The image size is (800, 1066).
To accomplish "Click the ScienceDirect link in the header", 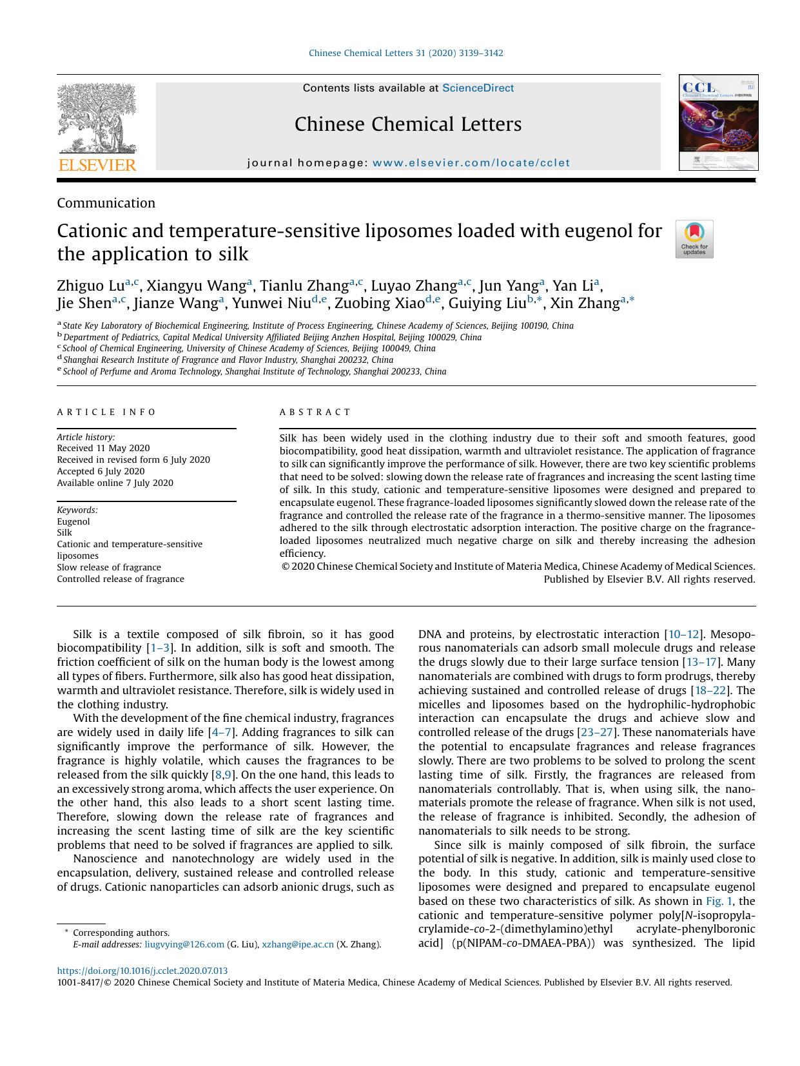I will click(478, 88).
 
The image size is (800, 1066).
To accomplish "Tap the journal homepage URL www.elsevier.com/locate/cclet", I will click(471, 163).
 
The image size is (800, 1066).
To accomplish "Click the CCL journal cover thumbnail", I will click(718, 122).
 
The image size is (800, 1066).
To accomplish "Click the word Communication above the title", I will click(106, 203).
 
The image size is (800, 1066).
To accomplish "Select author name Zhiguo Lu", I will click(90, 286).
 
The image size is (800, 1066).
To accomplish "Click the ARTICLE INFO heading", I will click(106, 412).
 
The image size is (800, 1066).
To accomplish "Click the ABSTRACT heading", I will click(315, 412).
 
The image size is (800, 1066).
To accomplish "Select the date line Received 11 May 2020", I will click(103, 448).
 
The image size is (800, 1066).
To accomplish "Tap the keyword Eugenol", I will click(73, 521).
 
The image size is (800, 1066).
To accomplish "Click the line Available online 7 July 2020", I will click(115, 483).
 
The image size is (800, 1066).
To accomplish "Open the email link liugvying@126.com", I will click(184, 944).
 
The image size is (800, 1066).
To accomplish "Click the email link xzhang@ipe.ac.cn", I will click(298, 944).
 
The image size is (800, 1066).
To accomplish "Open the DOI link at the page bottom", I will click(142, 971).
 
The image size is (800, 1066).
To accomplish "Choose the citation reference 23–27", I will click(596, 732).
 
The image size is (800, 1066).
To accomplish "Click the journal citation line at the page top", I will click(405, 53).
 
